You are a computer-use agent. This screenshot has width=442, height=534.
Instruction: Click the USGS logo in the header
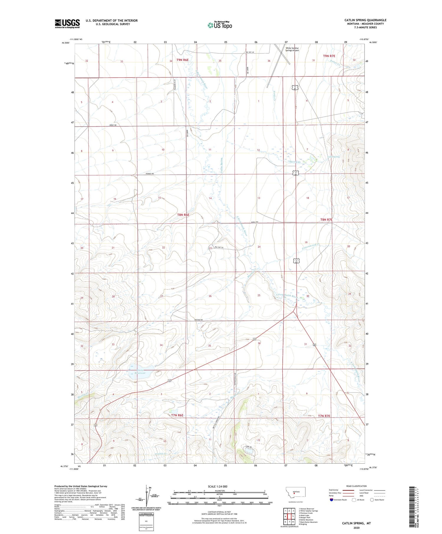(67, 24)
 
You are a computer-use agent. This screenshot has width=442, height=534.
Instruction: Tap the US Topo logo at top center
(220, 25)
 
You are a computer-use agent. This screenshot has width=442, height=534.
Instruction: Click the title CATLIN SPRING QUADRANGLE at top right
(365, 20)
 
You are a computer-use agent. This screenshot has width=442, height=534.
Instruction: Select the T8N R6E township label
(183, 215)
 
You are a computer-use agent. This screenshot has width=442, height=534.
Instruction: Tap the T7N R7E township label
(324, 416)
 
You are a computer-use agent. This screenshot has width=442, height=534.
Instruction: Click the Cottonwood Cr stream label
(311, 247)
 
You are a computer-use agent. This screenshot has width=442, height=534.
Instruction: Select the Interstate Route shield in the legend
(332, 500)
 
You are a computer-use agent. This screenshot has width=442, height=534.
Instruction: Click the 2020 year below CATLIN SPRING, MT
(356, 528)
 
